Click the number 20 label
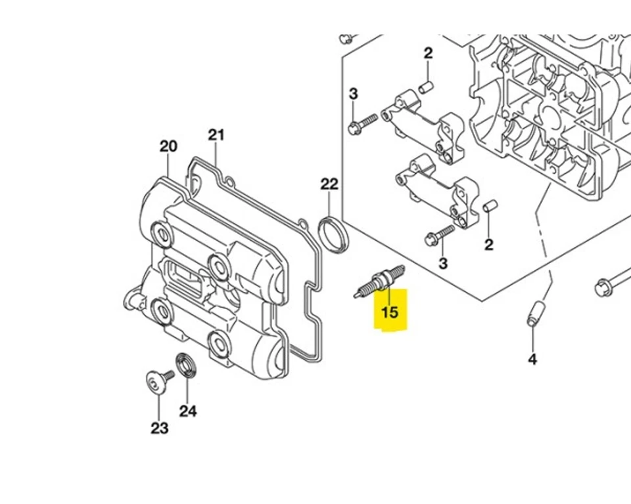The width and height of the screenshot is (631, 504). (168, 146)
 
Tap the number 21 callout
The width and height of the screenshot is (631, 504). (216, 135)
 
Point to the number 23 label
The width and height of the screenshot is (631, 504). (160, 429)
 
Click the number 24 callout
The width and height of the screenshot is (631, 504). (188, 411)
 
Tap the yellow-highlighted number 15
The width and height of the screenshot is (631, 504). (390, 311)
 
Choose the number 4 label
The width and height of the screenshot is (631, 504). (532, 359)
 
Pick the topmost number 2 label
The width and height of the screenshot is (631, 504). (428, 53)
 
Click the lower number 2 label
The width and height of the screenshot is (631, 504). (488, 245)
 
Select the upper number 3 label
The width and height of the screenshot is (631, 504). (353, 94)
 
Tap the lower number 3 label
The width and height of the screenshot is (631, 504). (442, 263)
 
